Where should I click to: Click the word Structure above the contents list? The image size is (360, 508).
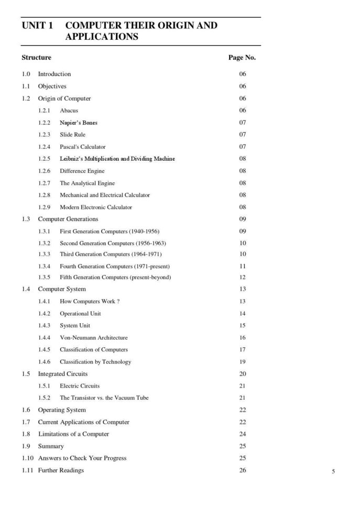click(36, 58)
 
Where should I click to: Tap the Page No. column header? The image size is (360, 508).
click(242, 58)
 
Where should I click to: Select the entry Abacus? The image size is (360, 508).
click(69, 111)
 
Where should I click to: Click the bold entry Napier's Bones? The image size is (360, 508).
click(79, 123)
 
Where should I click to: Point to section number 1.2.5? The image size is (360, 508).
click(44, 159)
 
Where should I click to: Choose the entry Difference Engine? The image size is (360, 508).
click(82, 171)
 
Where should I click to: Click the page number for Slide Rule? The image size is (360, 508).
click(243, 135)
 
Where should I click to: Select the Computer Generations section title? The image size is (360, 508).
click(68, 219)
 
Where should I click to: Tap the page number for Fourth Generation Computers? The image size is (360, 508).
click(243, 267)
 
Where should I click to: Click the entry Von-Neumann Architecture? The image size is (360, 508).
click(93, 338)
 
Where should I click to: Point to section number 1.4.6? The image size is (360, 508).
click(44, 362)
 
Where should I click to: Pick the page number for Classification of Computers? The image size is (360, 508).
click(243, 349)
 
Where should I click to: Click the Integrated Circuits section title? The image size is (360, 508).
click(63, 374)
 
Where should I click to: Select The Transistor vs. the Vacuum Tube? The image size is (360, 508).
click(104, 398)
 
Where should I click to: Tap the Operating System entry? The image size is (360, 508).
click(62, 410)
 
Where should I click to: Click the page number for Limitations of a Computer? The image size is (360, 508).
click(243, 434)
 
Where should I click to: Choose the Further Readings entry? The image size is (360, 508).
click(61, 470)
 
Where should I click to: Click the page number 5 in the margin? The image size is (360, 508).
click(333, 472)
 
